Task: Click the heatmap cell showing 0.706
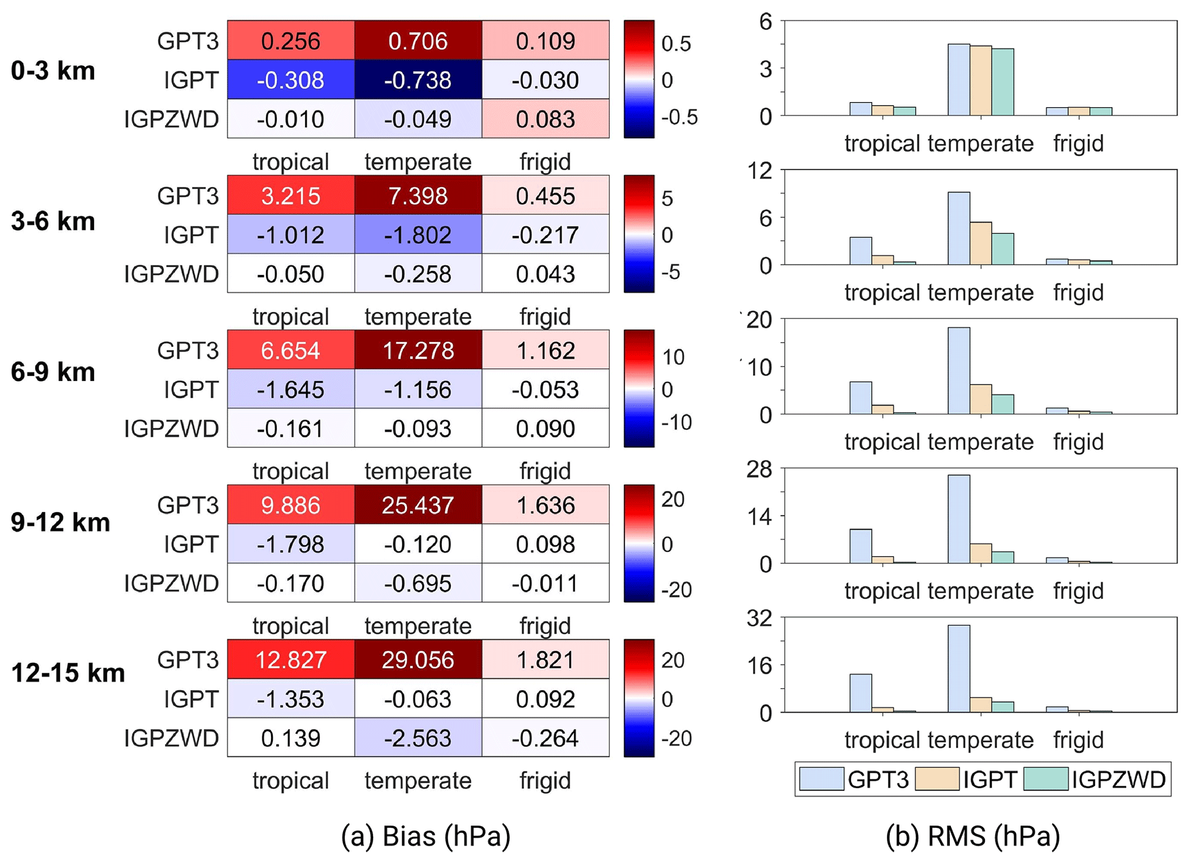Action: point(418,40)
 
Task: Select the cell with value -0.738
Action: point(418,80)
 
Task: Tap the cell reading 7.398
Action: point(418,195)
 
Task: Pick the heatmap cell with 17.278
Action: point(418,350)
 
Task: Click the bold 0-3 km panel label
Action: point(52,71)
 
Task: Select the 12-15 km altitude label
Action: point(67,672)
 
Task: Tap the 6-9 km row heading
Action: point(52,372)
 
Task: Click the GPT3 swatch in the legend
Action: point(821,779)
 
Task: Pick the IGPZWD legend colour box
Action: point(1046,779)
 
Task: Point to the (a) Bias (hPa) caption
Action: point(426,835)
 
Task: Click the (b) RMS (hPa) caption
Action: point(973,835)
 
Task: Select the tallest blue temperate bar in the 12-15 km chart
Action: point(958,669)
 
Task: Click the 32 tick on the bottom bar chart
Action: point(759,619)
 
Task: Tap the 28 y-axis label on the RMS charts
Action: point(759,470)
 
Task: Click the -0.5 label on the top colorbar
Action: point(679,117)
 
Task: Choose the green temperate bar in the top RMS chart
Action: point(1002,82)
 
